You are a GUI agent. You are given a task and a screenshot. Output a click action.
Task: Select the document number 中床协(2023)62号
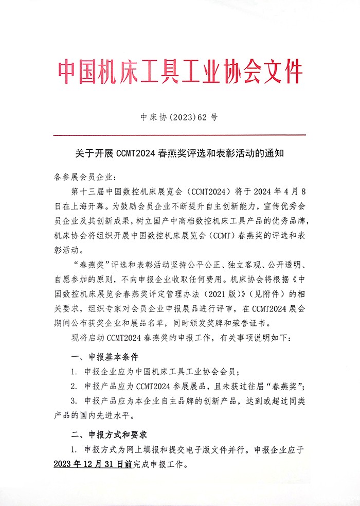pyautogui.click(x=179, y=117)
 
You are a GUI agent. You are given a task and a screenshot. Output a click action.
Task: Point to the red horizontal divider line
pyautogui.click(x=179, y=135)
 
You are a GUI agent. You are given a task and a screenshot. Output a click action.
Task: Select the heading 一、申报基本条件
pyautogui.click(x=105, y=357)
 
